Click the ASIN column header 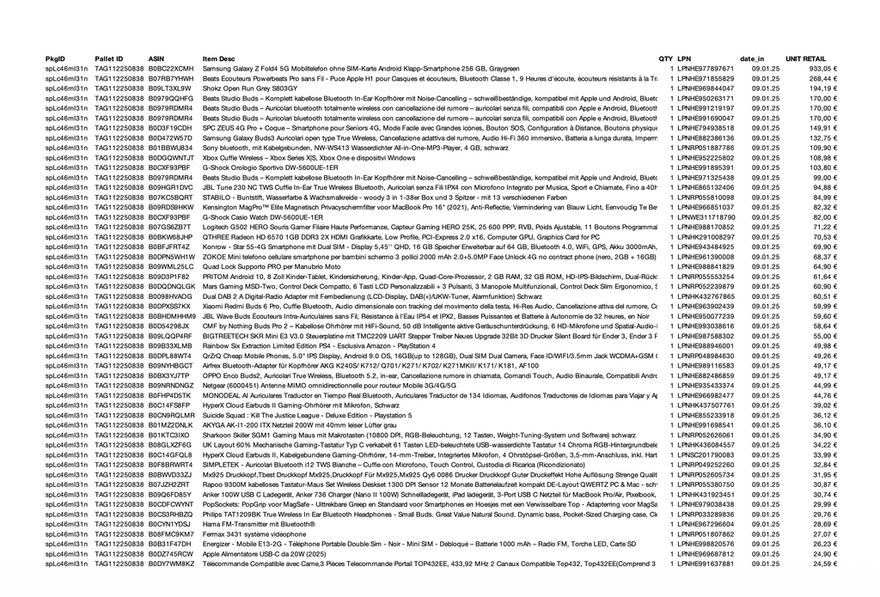tap(156, 58)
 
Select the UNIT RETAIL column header tap(805, 58)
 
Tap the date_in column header tap(752, 58)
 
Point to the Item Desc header tap(219, 58)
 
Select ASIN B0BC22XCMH tap(171, 68)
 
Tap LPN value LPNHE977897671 tap(706, 68)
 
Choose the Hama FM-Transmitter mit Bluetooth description tap(259, 524)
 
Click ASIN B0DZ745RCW tap(171, 554)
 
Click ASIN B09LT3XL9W tap(169, 88)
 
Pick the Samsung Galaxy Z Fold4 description tap(361, 68)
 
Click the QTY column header tap(666, 58)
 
